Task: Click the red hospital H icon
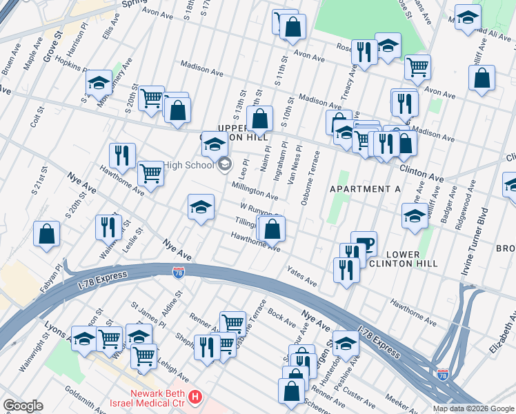pyautogui.click(x=196, y=397)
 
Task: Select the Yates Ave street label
pyautogui.click(x=301, y=277)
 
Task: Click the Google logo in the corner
pyautogui.click(x=23, y=405)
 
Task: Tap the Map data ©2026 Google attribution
pyautogui.click(x=473, y=408)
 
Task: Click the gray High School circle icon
pyautogui.click(x=224, y=165)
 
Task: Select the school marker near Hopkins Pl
pyautogui.click(x=99, y=83)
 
